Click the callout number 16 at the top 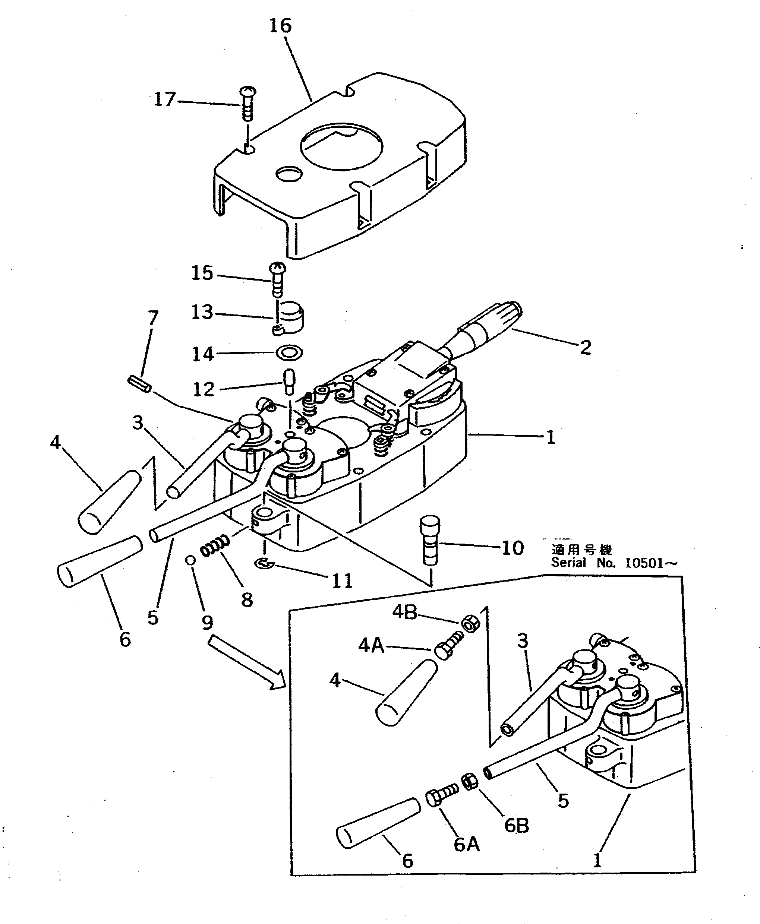click(x=280, y=26)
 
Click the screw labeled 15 click(x=278, y=279)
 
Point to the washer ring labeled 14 click(x=289, y=352)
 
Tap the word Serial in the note click(x=568, y=563)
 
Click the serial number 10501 click(x=644, y=563)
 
